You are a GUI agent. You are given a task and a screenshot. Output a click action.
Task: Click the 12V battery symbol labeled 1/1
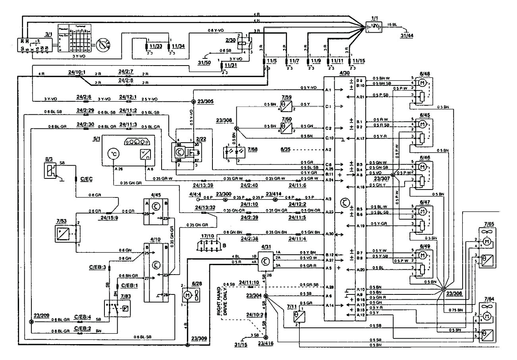pos(374,27)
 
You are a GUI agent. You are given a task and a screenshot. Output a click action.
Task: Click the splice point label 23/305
pos(206,101)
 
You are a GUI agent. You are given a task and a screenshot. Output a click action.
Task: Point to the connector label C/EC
pos(86,180)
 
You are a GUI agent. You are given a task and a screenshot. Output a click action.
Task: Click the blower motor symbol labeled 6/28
pos(187,296)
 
